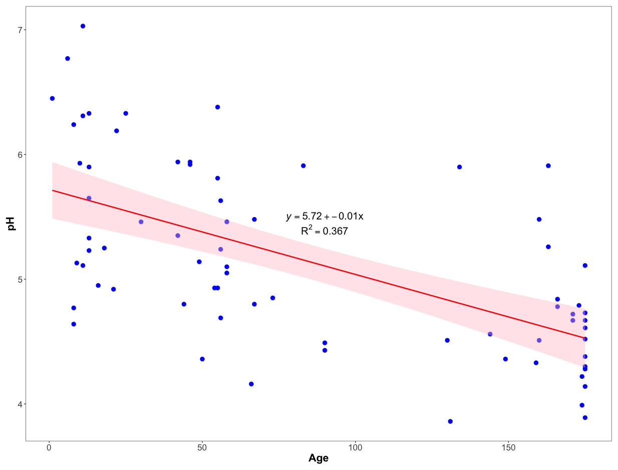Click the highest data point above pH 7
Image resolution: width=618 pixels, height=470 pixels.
point(83,26)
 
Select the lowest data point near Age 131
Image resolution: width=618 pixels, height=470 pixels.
point(450,421)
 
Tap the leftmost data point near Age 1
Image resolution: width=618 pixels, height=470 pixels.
point(52,98)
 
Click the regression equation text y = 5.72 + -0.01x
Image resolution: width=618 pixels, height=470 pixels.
point(325,216)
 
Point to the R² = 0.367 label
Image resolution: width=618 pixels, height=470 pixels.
point(324,231)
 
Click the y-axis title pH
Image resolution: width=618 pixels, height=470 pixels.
point(12,223)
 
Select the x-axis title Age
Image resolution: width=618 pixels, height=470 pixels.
point(319,458)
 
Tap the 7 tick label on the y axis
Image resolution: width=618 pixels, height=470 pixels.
point(21,30)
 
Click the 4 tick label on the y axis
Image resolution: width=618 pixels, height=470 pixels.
point(21,404)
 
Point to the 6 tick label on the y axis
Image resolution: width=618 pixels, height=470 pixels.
point(21,154)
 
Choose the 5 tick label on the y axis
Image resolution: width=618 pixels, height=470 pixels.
point(21,279)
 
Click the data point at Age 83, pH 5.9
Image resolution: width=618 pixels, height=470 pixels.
point(303,166)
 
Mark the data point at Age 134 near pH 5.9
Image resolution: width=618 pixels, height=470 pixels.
point(459,167)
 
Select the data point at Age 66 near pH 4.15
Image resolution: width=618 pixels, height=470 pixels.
point(251,384)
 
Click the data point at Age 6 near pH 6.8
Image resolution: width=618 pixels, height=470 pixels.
point(68,59)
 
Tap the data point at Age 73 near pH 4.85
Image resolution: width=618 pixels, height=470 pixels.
point(272,298)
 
